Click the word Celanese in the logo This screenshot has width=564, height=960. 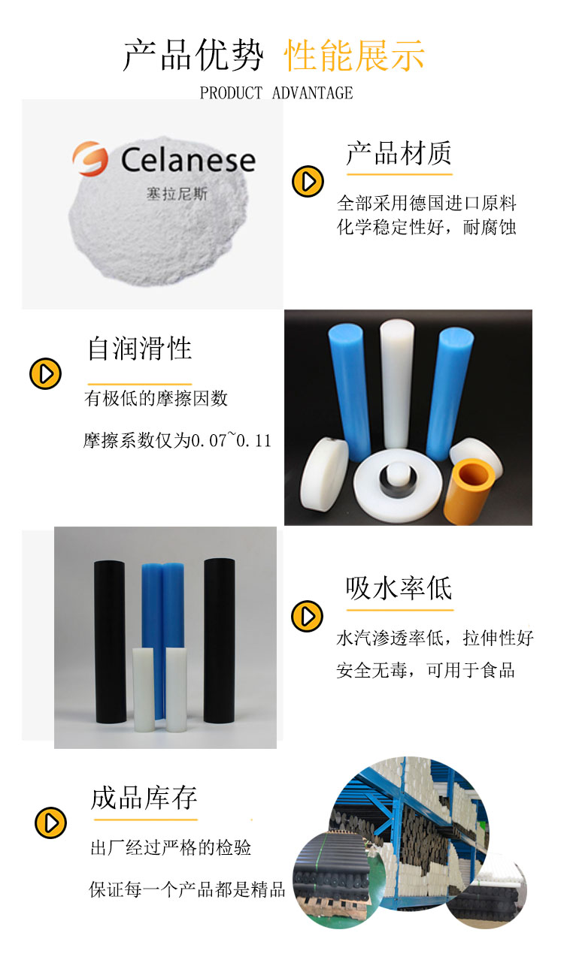(x=188, y=159)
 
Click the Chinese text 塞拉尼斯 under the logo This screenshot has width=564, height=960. (x=176, y=193)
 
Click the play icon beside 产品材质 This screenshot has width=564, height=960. (x=307, y=181)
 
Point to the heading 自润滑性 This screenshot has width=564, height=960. (x=140, y=348)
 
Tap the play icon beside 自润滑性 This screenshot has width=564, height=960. (x=44, y=373)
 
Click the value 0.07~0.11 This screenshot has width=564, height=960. (x=231, y=441)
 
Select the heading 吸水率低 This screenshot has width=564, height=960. (x=399, y=587)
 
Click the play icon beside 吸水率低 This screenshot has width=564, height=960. (x=307, y=616)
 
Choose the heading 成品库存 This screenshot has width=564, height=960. (x=144, y=798)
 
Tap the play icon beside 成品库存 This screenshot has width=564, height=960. (x=50, y=823)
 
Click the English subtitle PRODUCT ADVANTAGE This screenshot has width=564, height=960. (x=276, y=93)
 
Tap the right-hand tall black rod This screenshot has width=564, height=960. (x=219, y=638)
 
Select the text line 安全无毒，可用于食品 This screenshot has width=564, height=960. (x=426, y=670)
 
